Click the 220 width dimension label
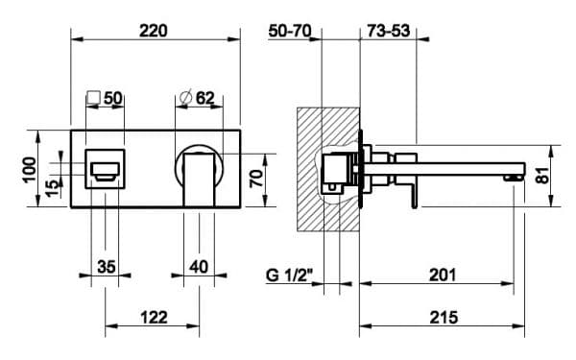154,31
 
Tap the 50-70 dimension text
290,31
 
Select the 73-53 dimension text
388,31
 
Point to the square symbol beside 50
94,98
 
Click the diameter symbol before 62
186,98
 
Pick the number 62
205,98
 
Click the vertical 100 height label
30,169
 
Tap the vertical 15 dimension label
53,188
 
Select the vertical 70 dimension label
256,179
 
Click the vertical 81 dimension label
543,176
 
